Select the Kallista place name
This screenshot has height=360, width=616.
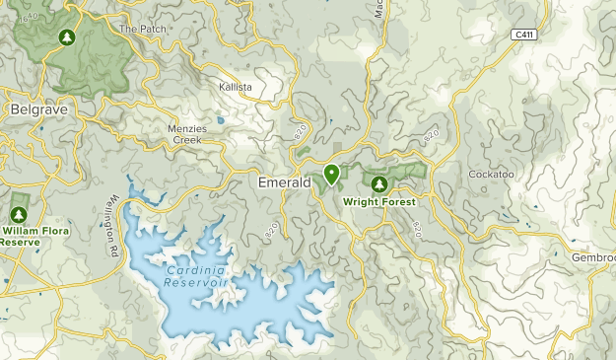(x=237, y=88)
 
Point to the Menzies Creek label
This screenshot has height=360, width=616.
(x=172, y=134)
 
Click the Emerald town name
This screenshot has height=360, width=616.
(x=285, y=182)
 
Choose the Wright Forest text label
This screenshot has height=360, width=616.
(x=379, y=201)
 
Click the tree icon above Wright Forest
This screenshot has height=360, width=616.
(x=378, y=182)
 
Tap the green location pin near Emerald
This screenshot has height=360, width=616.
(x=331, y=175)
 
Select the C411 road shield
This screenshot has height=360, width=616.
(x=524, y=35)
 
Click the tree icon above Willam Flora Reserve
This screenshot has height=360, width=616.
(x=18, y=214)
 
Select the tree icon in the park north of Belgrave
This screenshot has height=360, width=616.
(x=67, y=37)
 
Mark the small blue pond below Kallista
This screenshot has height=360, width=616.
(x=221, y=122)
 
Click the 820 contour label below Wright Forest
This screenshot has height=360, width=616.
(x=417, y=228)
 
